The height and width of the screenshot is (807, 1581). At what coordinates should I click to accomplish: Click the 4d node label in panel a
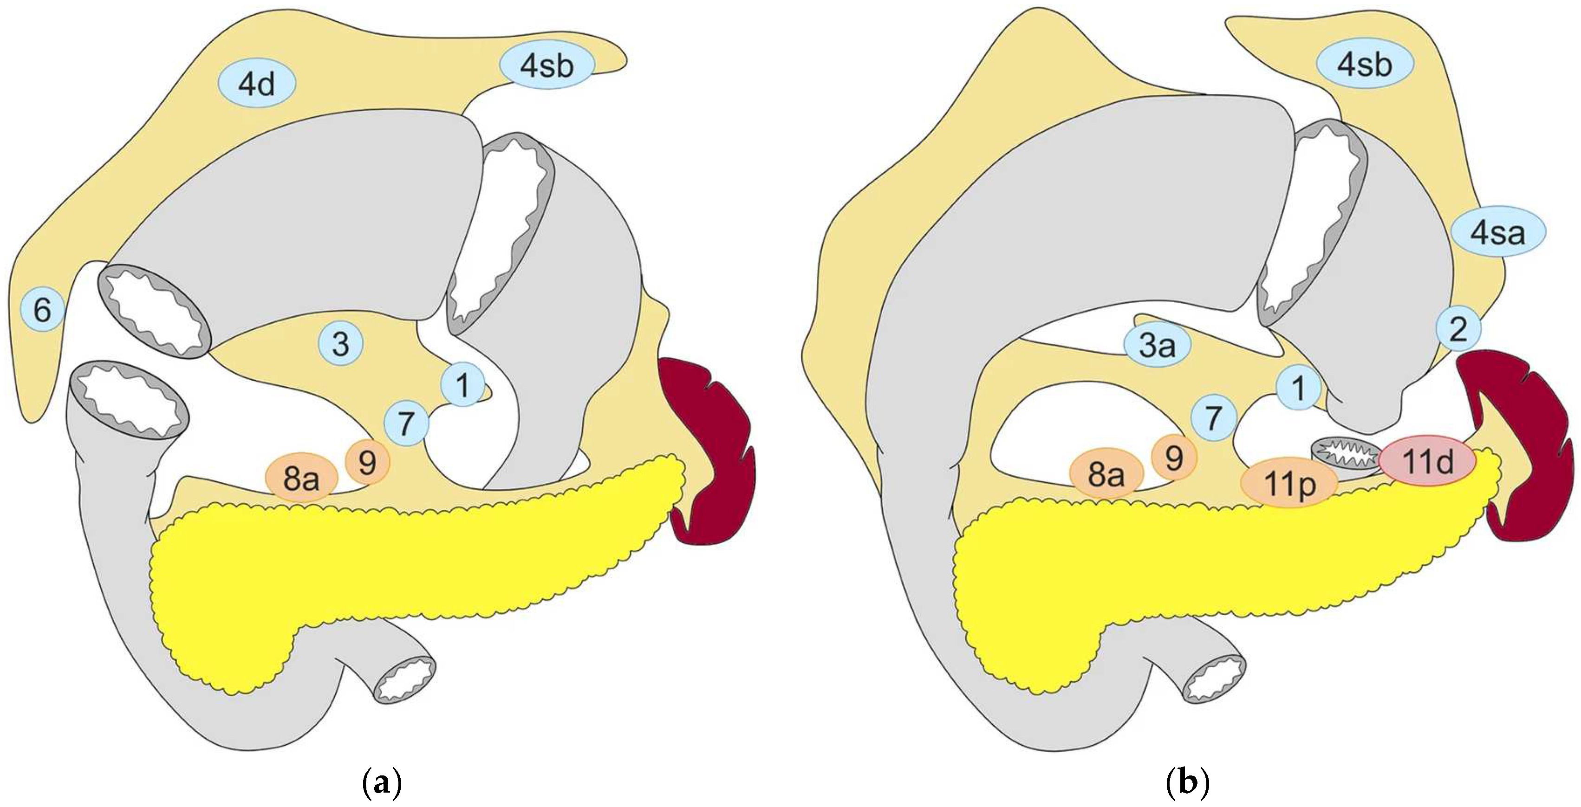tap(257, 84)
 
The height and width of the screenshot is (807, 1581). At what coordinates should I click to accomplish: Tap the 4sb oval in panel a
tap(547, 65)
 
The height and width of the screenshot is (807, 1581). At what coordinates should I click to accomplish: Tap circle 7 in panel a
tap(406, 423)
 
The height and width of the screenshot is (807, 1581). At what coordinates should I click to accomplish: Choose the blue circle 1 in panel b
tap(1298, 388)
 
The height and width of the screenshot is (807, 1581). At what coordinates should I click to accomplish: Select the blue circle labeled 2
tap(1458, 329)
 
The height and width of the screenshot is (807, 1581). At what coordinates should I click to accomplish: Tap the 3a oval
tap(1158, 346)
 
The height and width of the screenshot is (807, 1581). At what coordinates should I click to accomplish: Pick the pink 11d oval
tap(1427, 462)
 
